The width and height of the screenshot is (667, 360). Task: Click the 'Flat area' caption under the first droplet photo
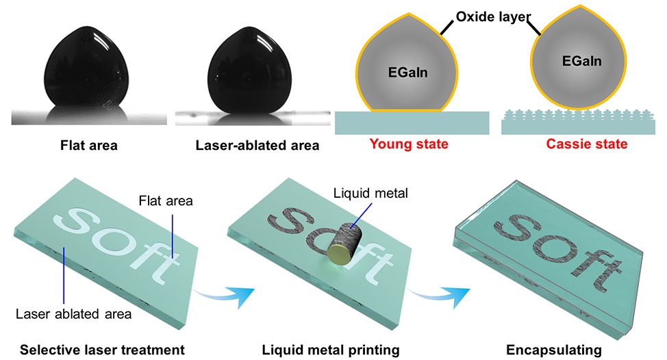[88, 144]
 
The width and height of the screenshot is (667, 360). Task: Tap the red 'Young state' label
[409, 144]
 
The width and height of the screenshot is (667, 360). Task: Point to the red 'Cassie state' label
[586, 144]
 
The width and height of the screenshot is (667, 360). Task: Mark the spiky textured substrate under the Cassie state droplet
[581, 121]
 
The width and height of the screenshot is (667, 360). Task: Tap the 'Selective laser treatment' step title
[102, 350]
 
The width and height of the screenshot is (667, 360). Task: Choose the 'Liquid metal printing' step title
[331, 350]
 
